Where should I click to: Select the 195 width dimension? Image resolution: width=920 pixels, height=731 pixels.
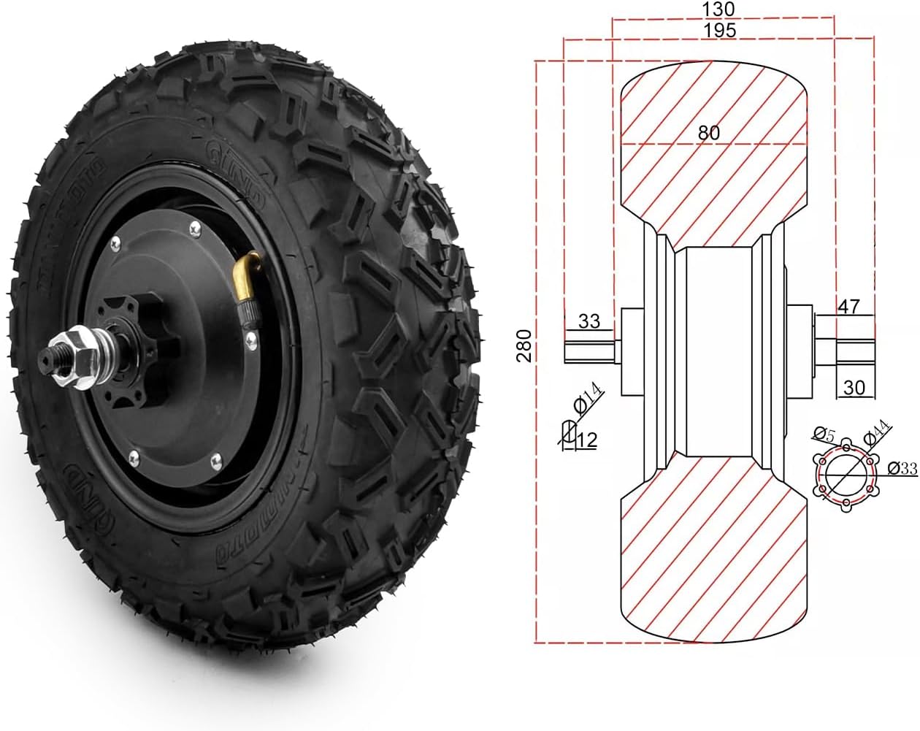(720, 30)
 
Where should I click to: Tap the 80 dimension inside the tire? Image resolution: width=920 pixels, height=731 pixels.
(708, 132)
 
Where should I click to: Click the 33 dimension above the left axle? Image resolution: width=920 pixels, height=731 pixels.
(589, 321)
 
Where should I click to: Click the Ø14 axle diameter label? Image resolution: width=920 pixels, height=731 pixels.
(589, 399)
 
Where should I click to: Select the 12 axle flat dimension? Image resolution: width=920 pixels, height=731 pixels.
(586, 440)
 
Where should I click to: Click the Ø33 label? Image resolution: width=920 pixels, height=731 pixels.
(902, 469)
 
